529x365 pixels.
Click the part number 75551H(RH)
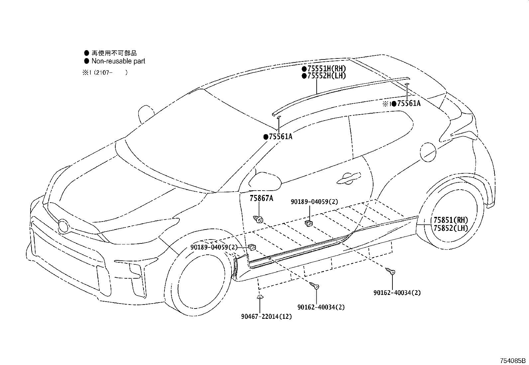point(326,69)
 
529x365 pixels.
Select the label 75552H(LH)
point(326,76)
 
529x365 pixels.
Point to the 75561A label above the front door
point(280,137)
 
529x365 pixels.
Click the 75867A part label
point(261,198)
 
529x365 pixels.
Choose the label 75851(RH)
point(451,220)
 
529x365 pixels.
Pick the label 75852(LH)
point(451,228)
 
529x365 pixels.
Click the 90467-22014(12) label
point(266,317)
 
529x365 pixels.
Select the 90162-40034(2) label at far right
point(397,293)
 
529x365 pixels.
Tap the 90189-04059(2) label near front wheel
point(214,247)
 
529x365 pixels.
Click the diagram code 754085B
point(513,361)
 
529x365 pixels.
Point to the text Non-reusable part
point(118,61)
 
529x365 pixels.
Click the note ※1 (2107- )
point(105,72)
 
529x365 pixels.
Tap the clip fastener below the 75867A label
point(259,219)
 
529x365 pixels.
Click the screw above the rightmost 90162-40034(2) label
point(390,271)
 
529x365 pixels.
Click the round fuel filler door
point(428,151)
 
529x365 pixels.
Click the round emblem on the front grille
point(63,226)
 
